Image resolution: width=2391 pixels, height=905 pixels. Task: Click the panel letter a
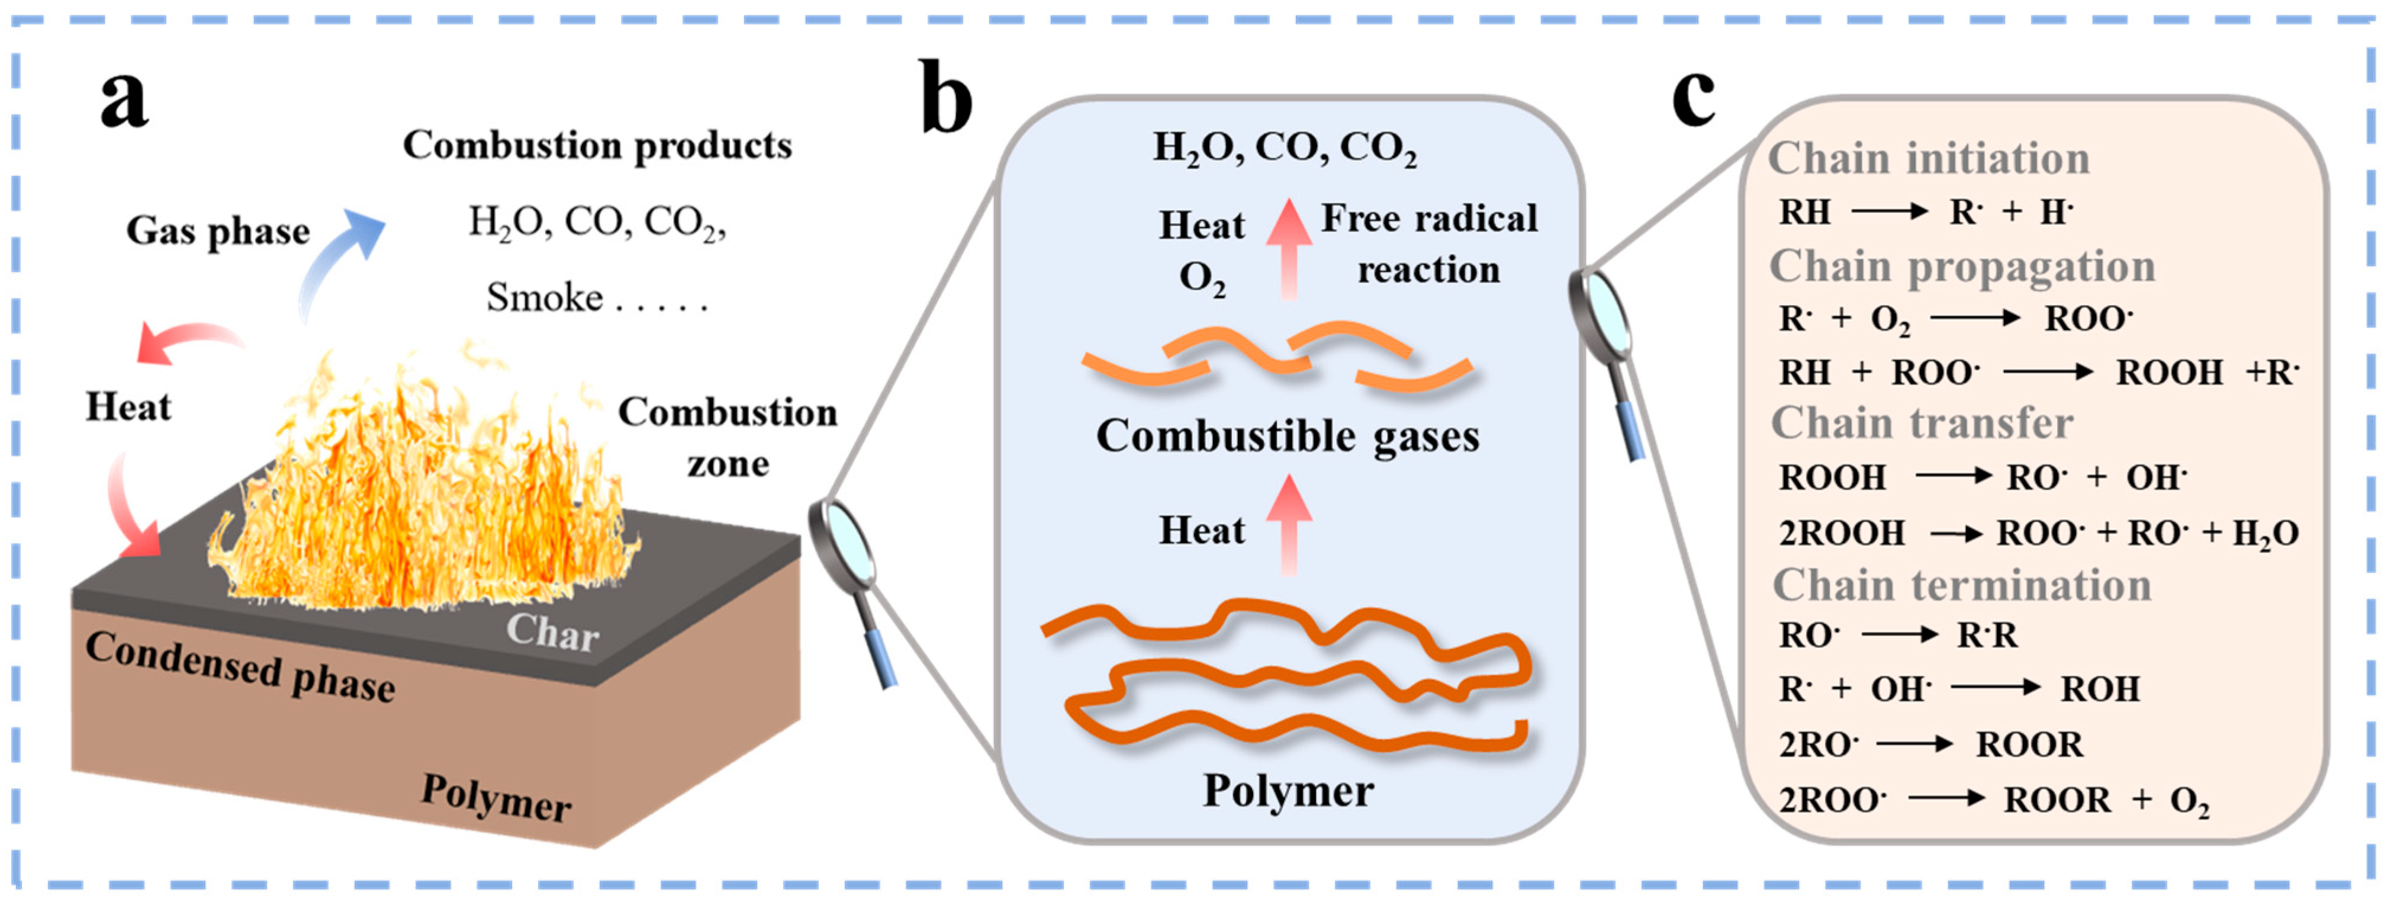click(x=124, y=100)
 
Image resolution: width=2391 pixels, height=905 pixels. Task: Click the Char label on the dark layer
click(x=552, y=633)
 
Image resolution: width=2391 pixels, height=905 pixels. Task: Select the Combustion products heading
click(x=597, y=146)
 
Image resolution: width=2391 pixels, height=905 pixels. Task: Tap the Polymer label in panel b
click(x=1288, y=791)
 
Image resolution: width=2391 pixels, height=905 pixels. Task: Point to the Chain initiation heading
click(x=1928, y=159)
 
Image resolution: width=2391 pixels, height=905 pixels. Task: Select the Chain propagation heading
click(x=1961, y=267)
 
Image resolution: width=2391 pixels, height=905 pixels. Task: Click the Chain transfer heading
click(x=1922, y=423)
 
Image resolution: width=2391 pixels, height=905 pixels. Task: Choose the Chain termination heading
click(x=1961, y=586)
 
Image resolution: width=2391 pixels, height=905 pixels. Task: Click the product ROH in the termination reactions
click(x=2100, y=689)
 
